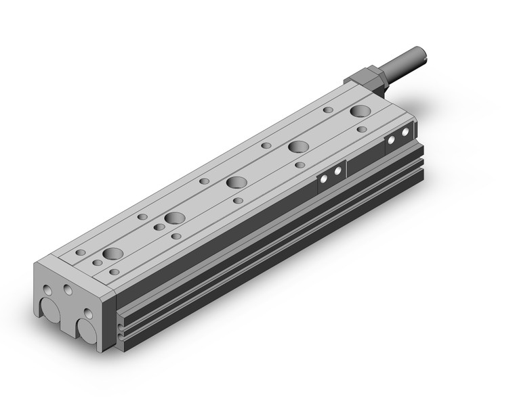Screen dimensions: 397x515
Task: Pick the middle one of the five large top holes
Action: (x=236, y=183)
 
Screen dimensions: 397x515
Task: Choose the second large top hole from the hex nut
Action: (x=297, y=147)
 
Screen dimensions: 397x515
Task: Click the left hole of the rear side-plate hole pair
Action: (x=392, y=140)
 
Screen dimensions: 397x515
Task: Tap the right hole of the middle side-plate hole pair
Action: (x=337, y=171)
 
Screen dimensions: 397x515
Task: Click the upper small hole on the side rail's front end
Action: (x=121, y=326)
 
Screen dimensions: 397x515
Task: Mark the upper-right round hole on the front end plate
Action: (x=68, y=289)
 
